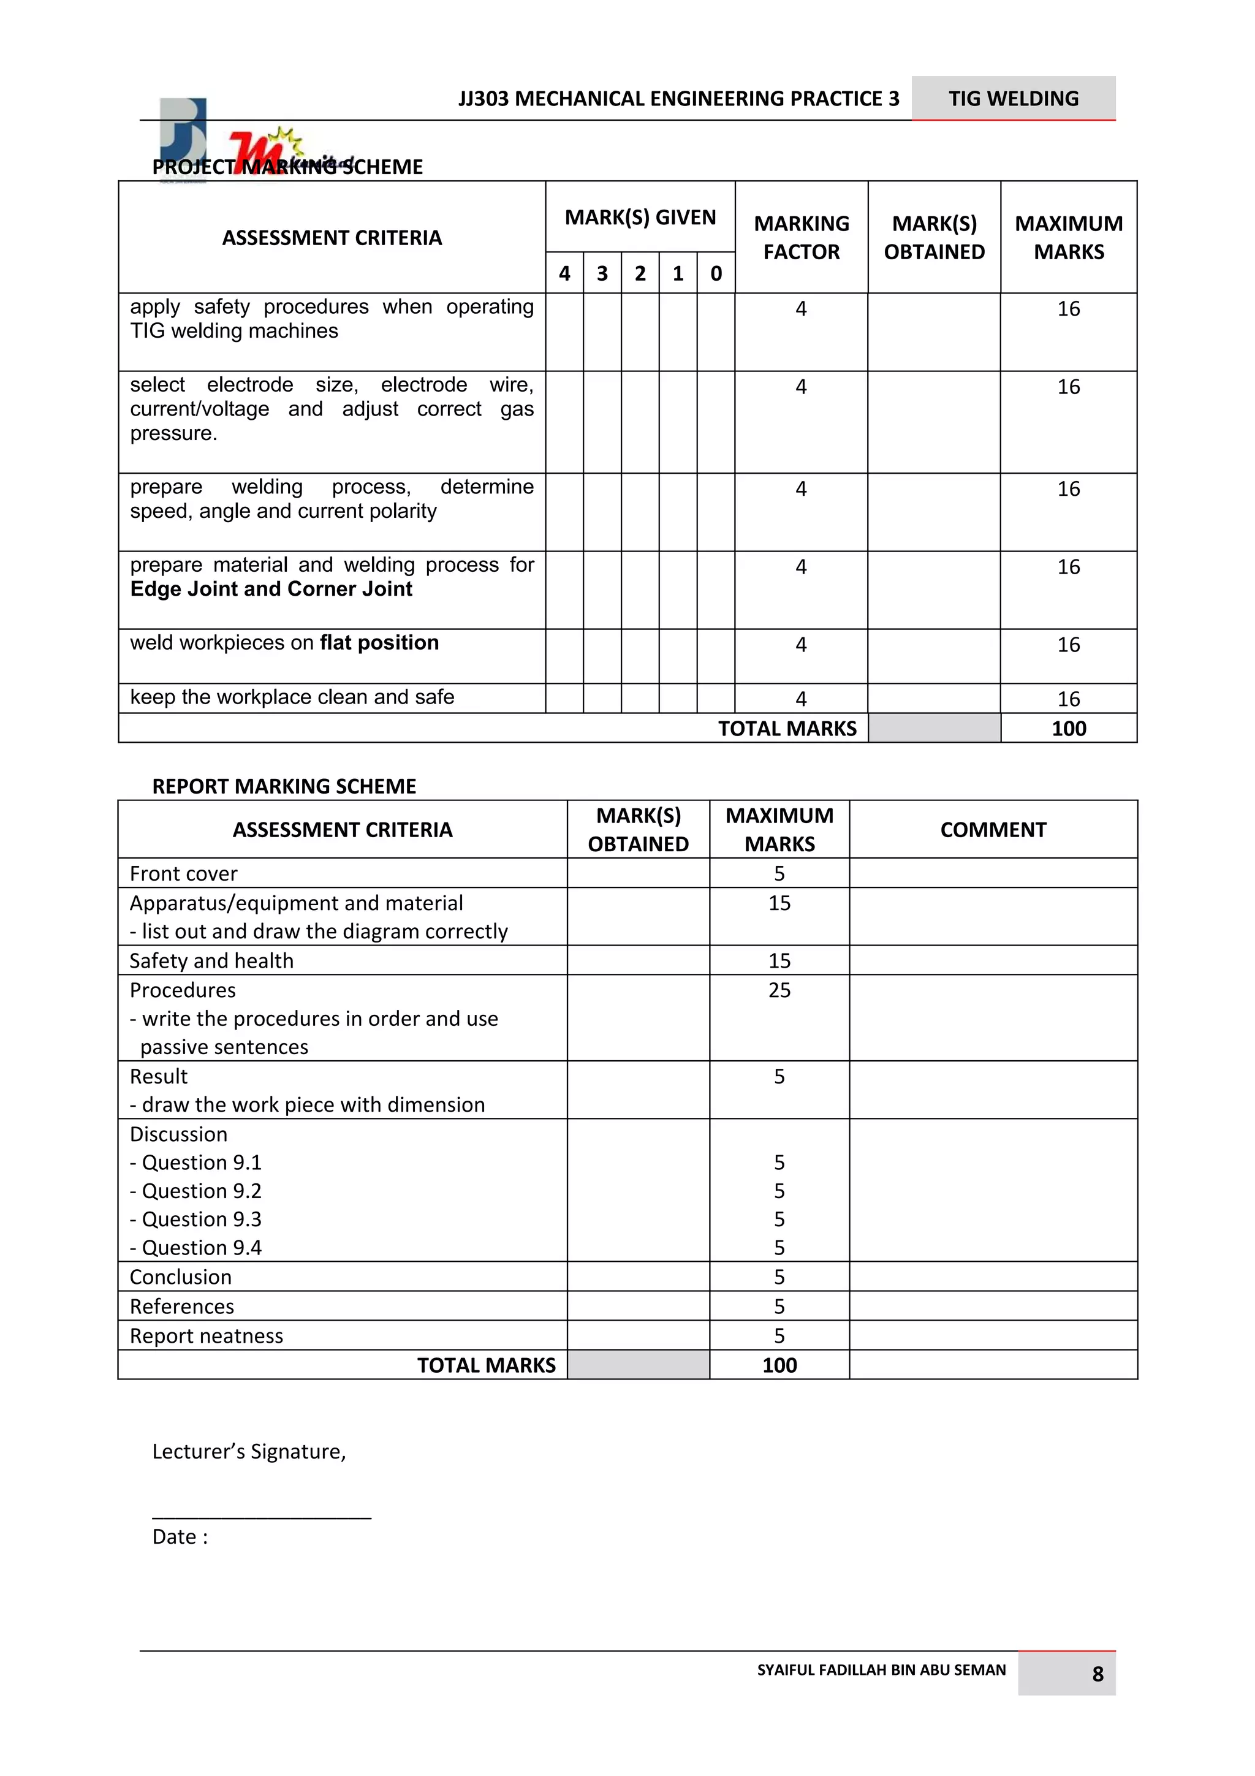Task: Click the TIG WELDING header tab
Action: point(1013,98)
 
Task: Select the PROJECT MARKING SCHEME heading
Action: point(287,167)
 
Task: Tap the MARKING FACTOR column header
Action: point(801,237)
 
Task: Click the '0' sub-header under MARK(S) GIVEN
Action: point(716,273)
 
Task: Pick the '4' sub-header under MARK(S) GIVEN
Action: point(564,273)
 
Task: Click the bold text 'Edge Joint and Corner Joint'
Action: point(271,590)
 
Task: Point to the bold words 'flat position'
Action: point(379,643)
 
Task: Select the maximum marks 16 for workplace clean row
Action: point(1068,699)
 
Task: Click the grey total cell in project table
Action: point(934,729)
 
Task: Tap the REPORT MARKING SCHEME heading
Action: point(284,787)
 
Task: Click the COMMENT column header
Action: point(993,830)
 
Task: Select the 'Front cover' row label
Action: point(183,874)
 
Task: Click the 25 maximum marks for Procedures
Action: point(779,991)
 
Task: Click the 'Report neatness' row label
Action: point(206,1337)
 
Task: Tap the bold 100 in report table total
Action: point(779,1366)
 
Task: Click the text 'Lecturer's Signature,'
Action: point(249,1452)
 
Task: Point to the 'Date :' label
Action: point(180,1537)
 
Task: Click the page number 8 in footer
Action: point(1098,1675)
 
